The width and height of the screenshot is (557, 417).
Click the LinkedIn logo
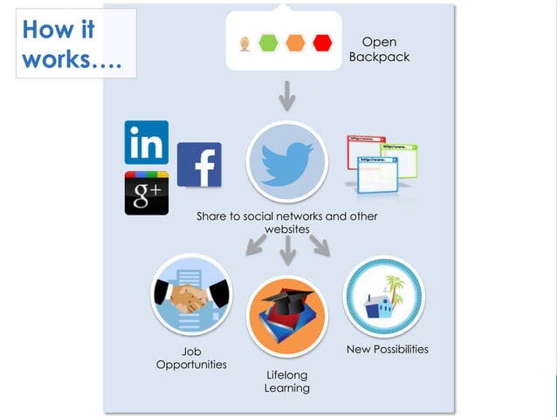[x=147, y=142]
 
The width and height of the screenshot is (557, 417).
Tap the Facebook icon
[x=199, y=165]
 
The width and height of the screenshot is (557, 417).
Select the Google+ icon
[x=147, y=193]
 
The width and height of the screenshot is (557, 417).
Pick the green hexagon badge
[x=269, y=42]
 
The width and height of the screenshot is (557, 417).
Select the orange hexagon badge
[x=296, y=42]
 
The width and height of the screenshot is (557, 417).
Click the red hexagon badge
[x=323, y=42]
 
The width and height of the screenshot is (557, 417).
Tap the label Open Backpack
[x=379, y=50]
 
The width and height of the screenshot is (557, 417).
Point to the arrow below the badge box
[x=287, y=95]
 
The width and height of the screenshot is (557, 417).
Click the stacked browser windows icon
[x=381, y=162]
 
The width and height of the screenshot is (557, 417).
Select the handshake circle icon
[x=191, y=295]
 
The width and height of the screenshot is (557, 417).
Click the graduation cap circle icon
[x=286, y=317]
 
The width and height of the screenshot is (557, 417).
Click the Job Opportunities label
[x=191, y=358]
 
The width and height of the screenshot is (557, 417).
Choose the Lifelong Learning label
[x=287, y=381]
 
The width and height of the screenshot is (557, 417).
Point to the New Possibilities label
[x=388, y=349]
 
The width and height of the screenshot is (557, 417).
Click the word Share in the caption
[x=212, y=216]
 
